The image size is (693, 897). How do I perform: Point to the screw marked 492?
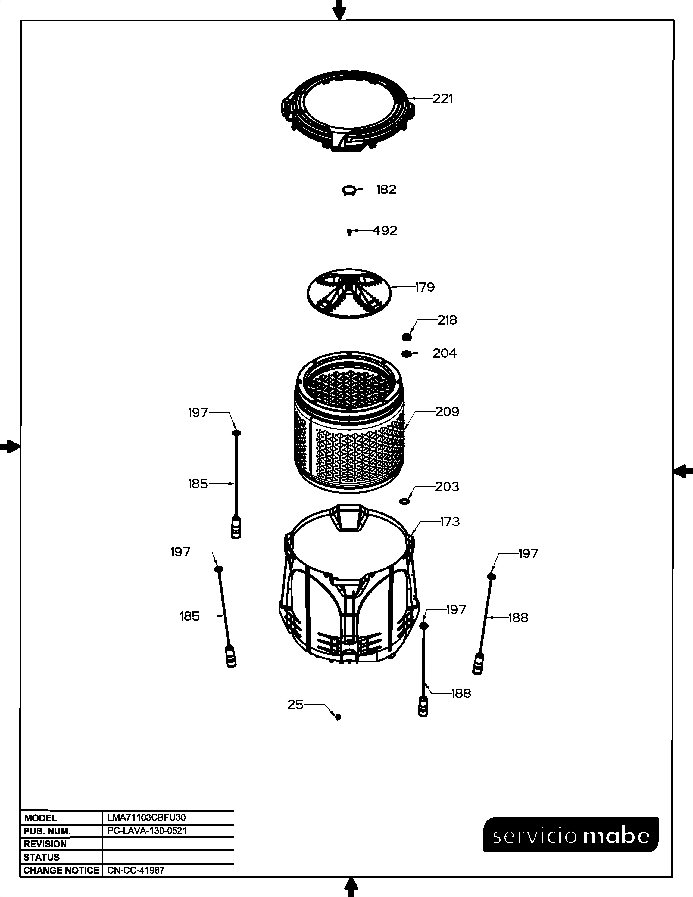click(x=349, y=232)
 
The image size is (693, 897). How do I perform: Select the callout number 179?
click(x=425, y=287)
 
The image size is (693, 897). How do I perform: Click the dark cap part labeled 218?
click(x=407, y=337)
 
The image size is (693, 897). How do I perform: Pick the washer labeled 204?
click(x=407, y=354)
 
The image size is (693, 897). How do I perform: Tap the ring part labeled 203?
click(x=405, y=501)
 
